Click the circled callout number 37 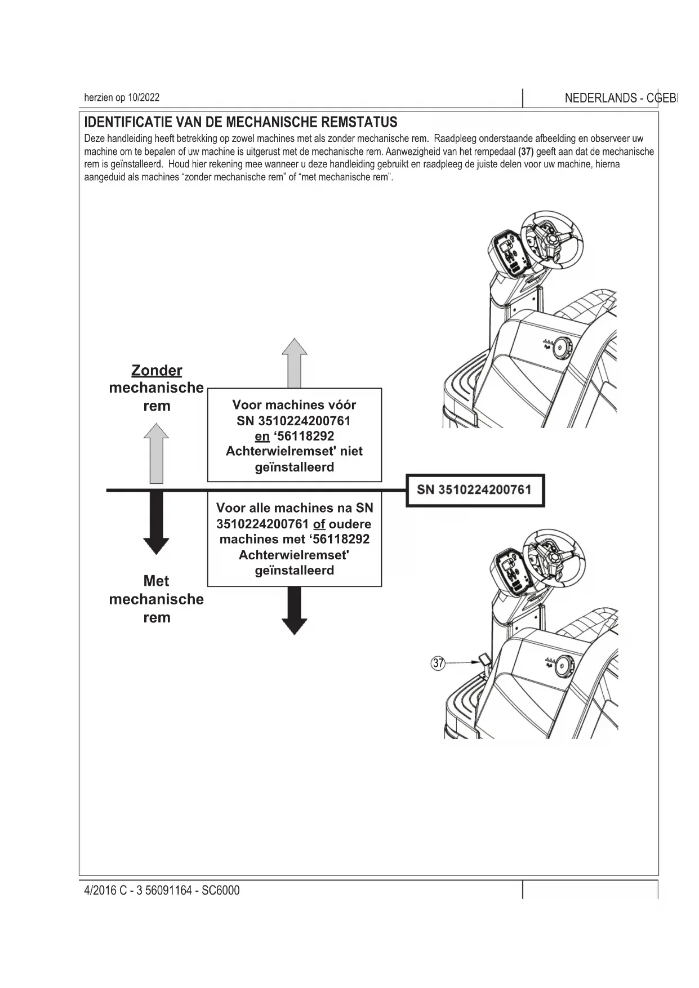click(x=438, y=663)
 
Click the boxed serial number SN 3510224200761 click(x=474, y=489)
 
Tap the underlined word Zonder click(x=157, y=370)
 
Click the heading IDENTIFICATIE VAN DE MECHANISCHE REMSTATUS click(x=241, y=122)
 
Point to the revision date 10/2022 click(x=144, y=97)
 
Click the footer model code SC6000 click(x=221, y=891)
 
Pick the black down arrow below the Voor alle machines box click(x=294, y=610)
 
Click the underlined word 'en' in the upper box click(x=262, y=436)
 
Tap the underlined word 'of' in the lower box click(x=319, y=524)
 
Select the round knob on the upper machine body click(x=560, y=348)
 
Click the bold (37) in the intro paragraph click(x=526, y=152)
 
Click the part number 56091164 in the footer click(x=168, y=891)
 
